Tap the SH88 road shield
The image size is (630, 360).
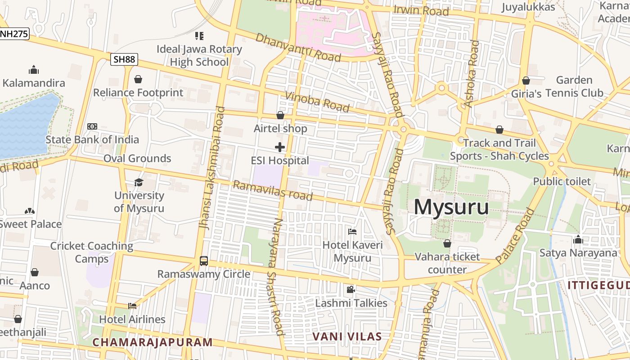click(x=124, y=59)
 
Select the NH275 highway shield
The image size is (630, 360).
click(x=14, y=33)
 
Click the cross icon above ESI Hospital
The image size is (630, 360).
click(x=280, y=147)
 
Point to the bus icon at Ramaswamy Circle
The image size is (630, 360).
click(x=204, y=261)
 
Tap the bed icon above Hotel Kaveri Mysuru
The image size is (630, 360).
click(x=352, y=232)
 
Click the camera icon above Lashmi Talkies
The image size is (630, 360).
click(x=351, y=290)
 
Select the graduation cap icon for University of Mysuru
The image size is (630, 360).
click(x=139, y=182)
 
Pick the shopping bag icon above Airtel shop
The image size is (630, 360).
click(x=280, y=115)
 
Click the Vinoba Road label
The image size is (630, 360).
click(x=317, y=101)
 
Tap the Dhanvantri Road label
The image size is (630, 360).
click(x=298, y=47)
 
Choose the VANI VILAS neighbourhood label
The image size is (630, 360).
click(x=347, y=336)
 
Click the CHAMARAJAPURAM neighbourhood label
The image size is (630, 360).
click(x=152, y=342)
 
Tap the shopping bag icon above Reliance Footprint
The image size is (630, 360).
click(x=138, y=79)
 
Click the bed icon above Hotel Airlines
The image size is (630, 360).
click(x=132, y=306)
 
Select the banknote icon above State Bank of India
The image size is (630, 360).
click(x=92, y=126)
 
